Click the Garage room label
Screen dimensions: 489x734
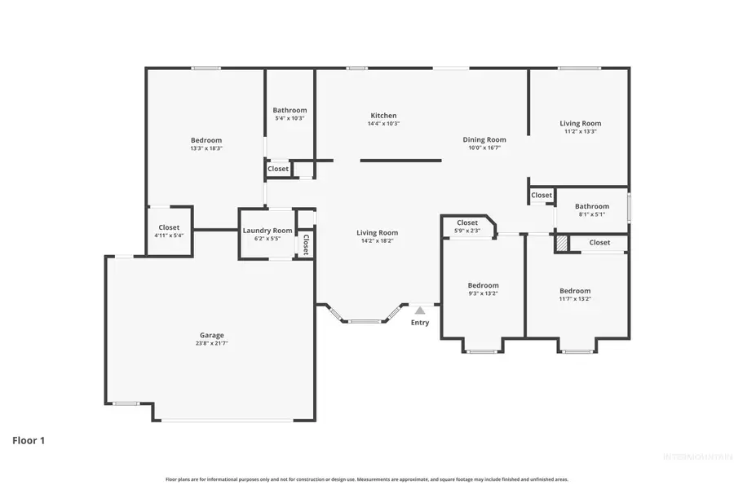point(212,335)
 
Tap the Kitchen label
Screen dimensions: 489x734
point(383,116)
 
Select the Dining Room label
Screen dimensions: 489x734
point(484,139)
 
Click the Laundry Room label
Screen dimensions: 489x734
point(268,231)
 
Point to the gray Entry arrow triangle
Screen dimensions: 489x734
point(419,311)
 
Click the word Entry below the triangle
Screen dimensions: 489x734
point(419,323)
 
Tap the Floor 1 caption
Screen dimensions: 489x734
point(29,441)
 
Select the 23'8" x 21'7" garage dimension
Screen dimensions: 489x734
point(212,344)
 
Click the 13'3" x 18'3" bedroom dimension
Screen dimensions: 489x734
point(206,148)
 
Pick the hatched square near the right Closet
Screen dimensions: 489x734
point(561,243)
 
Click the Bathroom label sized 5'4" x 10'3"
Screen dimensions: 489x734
point(290,110)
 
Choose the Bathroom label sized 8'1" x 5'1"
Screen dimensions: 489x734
point(591,206)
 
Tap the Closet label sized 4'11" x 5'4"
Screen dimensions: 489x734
point(169,227)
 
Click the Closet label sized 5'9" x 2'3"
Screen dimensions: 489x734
point(467,222)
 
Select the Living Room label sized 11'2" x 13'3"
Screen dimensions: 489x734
point(581,123)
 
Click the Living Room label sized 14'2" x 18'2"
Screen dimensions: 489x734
point(377,232)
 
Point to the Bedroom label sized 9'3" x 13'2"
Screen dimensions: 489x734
point(483,285)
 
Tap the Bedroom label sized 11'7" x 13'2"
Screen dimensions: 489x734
point(575,291)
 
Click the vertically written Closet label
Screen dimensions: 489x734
point(306,244)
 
